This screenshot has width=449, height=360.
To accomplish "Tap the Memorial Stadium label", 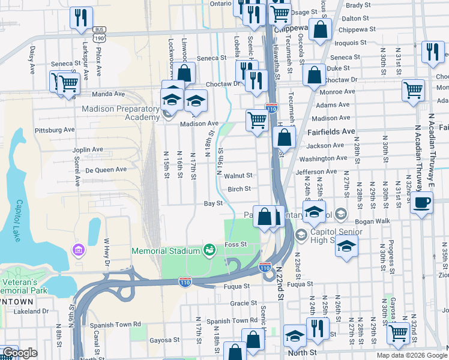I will point(166,250).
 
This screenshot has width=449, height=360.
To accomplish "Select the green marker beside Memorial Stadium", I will point(209,250).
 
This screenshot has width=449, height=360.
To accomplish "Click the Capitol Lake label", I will point(19,218).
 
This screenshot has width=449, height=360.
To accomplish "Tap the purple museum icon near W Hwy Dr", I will point(77,249).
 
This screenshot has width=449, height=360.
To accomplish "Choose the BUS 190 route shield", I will point(100,34).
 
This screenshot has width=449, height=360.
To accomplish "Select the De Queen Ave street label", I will point(106,170).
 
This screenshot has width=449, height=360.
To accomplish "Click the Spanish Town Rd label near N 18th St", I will point(232,322).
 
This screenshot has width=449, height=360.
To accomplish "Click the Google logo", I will point(19,353).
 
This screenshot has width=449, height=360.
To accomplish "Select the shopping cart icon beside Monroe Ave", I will point(413,91).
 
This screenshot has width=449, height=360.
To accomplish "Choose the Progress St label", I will point(391,252).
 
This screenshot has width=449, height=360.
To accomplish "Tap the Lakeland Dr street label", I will point(31,311).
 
